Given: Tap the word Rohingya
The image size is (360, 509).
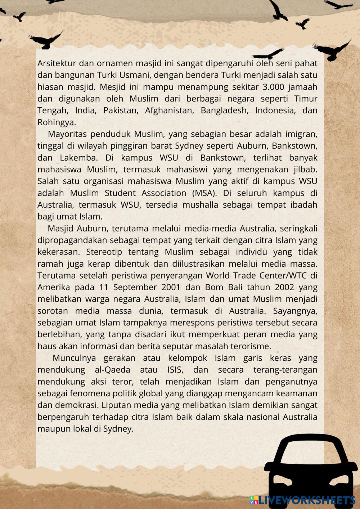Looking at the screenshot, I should click(x=57, y=122).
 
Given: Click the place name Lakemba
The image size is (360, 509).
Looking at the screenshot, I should click(x=80, y=158).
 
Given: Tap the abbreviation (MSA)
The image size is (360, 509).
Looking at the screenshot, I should click(x=204, y=193).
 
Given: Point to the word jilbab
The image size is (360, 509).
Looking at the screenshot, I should click(x=305, y=169).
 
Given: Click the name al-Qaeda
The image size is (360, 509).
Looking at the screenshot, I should click(x=113, y=370).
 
